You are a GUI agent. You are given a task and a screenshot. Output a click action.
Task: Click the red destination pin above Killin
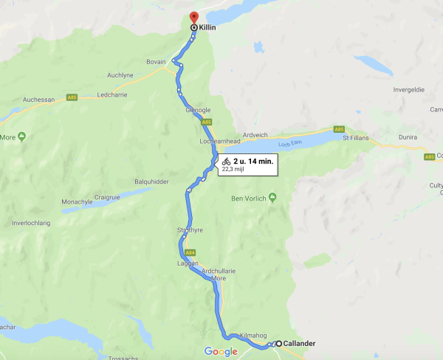click(x=193, y=16)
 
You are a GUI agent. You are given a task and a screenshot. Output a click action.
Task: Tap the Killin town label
click(x=209, y=27)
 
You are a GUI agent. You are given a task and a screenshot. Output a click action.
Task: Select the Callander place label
click(x=301, y=343)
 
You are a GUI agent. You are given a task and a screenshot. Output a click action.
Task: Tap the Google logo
click(x=221, y=351)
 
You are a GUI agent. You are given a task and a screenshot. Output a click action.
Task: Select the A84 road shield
click(x=190, y=252)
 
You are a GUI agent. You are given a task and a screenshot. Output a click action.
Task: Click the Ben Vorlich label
click(x=248, y=198)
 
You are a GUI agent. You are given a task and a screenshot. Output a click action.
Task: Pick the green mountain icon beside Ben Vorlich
click(x=272, y=197)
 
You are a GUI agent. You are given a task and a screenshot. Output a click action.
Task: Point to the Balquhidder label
click(x=152, y=181)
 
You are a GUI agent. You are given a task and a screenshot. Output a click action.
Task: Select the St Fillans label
click(x=355, y=137)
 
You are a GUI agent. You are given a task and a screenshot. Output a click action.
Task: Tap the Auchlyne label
click(x=121, y=75)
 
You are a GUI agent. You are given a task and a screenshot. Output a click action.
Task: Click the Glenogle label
click(x=199, y=110)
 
